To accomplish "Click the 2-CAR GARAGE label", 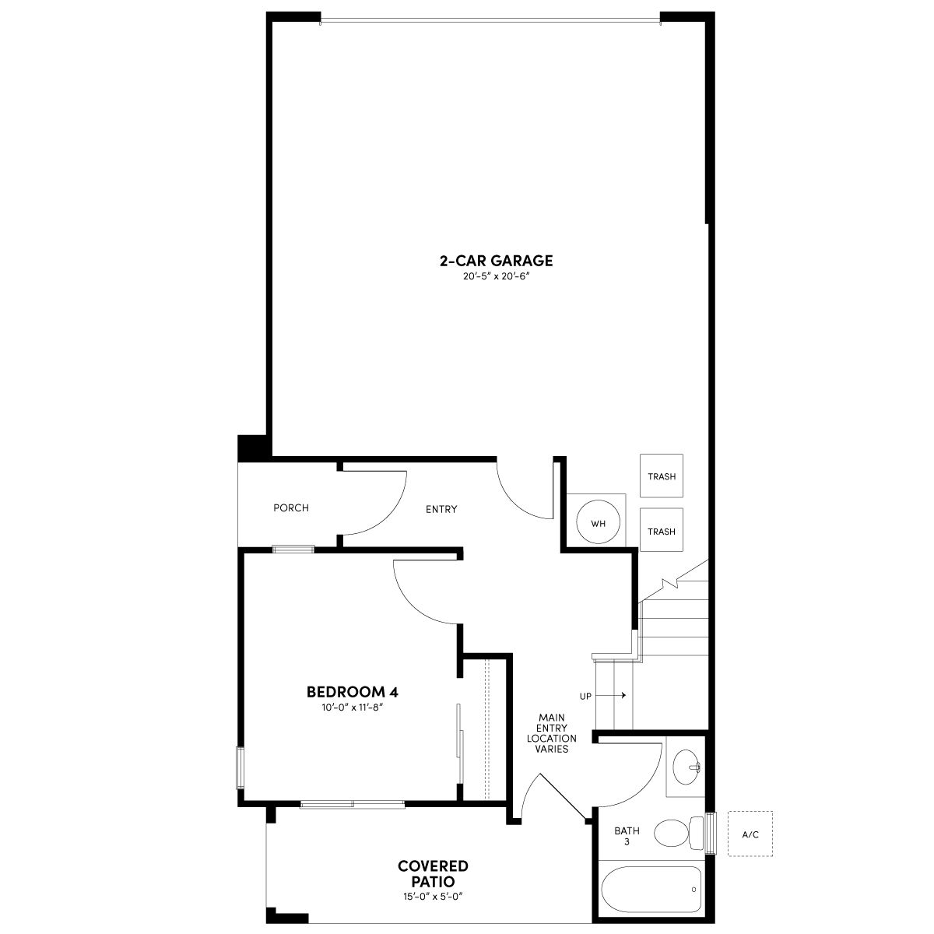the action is point(496,261).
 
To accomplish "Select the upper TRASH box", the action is point(661,476).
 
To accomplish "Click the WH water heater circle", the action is point(598,523).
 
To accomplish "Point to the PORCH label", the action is point(291,508).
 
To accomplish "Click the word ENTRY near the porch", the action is point(441,509).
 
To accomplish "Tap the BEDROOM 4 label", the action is point(353,692).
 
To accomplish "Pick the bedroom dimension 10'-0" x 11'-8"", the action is point(353,708).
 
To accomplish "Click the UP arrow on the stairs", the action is point(611,696).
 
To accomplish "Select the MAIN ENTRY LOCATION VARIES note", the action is point(552,733).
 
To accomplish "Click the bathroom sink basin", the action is point(686,767).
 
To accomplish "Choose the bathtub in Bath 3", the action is point(651,890).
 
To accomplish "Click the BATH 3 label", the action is point(627,836).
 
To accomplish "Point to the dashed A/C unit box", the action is point(750,834).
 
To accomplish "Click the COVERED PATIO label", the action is point(433,873).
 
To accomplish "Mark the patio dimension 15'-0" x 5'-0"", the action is point(433,897).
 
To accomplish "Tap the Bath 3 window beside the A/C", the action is point(711,833).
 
